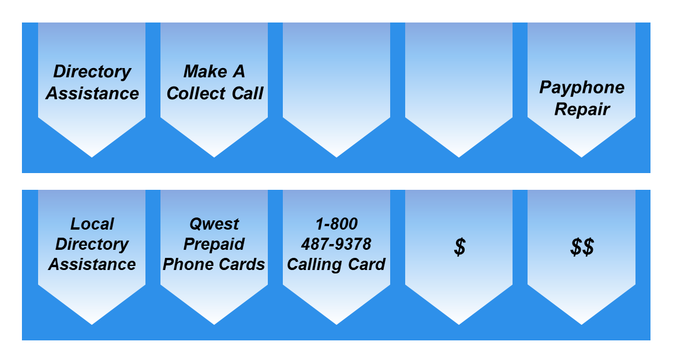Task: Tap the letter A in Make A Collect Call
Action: pyautogui.click(x=238, y=72)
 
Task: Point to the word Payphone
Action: pyautogui.click(x=582, y=88)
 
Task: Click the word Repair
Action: pyautogui.click(x=582, y=109)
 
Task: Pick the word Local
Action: pyautogui.click(x=92, y=224)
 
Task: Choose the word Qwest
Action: pyautogui.click(x=214, y=224)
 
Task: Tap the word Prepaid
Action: pyautogui.click(x=214, y=244)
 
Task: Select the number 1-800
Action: pyautogui.click(x=336, y=224)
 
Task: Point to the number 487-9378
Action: pyautogui.click(x=336, y=244)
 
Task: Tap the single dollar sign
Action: pyautogui.click(x=459, y=247)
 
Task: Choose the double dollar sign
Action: pyautogui.click(x=582, y=247)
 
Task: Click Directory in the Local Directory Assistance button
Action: pyautogui.click(x=92, y=244)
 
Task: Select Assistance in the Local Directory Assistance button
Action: pyautogui.click(x=92, y=265)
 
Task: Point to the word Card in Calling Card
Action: pyautogui.click(x=367, y=265)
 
